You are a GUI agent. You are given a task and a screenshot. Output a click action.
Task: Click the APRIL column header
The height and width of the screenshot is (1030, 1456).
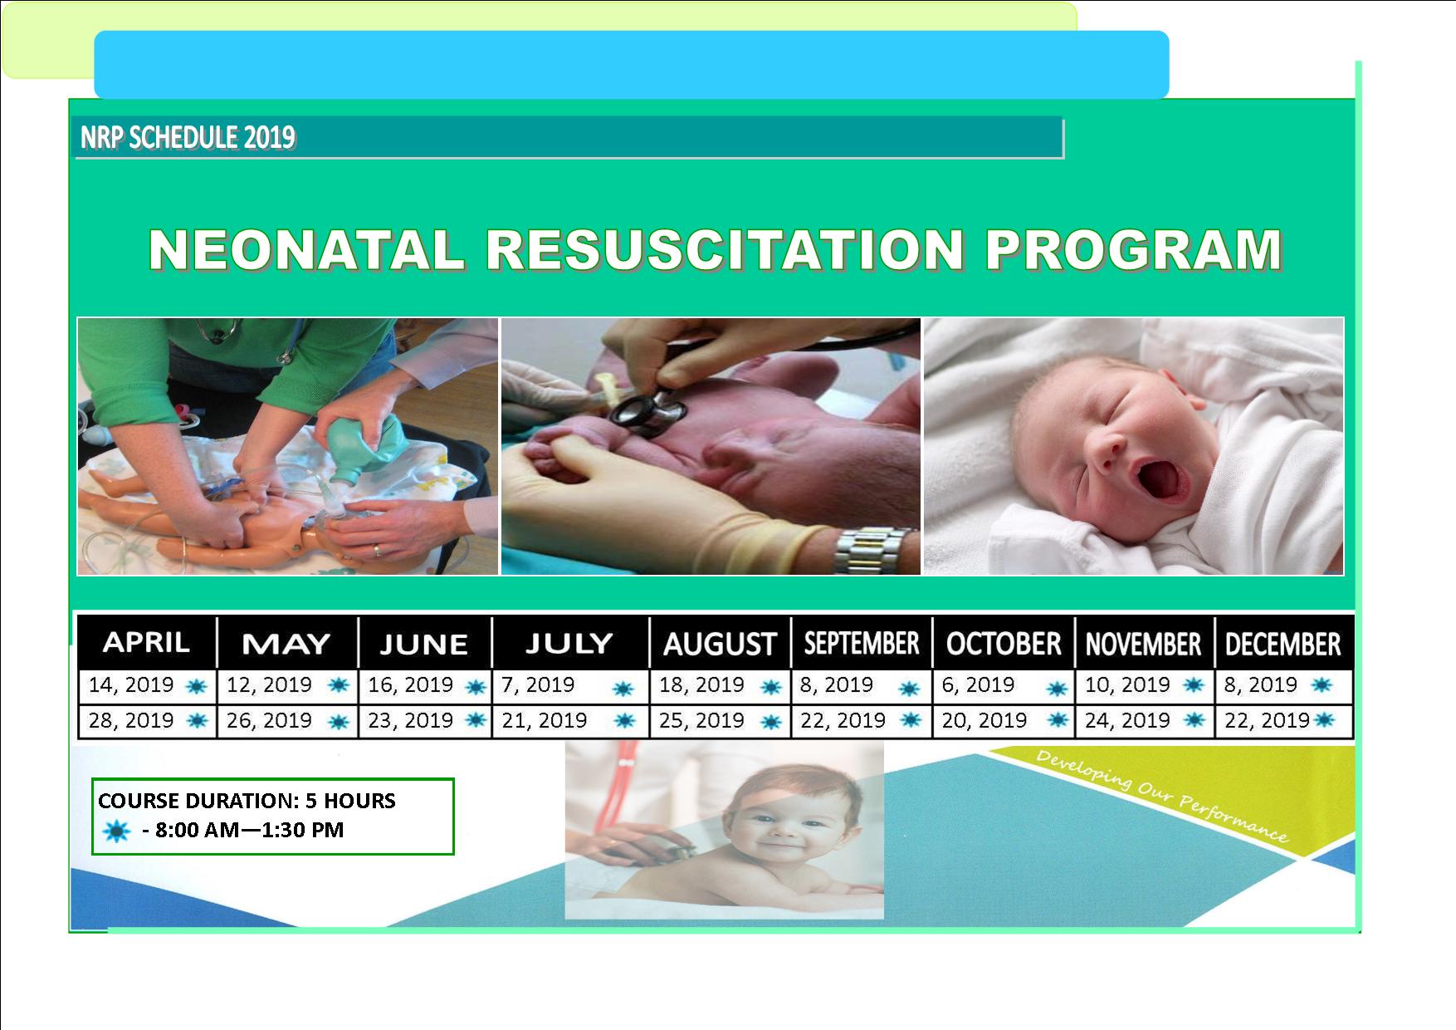coord(146,642)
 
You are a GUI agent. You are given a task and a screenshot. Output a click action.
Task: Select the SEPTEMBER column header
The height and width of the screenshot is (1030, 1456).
coord(862,644)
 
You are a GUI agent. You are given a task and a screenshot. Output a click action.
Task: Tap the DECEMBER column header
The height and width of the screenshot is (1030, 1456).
coord(1283,645)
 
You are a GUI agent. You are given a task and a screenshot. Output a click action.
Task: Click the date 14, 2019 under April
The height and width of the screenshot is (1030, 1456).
coord(131,685)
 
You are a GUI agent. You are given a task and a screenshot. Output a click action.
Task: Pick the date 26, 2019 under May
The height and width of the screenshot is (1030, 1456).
coord(269,720)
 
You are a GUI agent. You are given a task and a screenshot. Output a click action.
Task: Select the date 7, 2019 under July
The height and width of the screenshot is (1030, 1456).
coord(538,685)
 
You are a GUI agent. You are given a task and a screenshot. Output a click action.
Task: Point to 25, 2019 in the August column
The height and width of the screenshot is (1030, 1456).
coord(701,720)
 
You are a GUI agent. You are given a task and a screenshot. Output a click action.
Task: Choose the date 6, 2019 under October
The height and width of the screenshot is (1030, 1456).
coord(978,685)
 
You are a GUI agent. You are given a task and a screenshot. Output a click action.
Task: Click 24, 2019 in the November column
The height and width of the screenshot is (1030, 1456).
coord(1127,720)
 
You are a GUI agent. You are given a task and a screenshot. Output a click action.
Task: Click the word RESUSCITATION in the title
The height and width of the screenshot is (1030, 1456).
coord(725,249)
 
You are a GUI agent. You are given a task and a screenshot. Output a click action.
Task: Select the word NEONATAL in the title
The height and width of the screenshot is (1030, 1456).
coord(306,249)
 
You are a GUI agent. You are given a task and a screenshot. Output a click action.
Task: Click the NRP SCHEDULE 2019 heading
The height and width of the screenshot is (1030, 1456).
coord(187,138)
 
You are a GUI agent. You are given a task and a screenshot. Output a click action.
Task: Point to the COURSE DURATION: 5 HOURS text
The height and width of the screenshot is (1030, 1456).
coord(247,801)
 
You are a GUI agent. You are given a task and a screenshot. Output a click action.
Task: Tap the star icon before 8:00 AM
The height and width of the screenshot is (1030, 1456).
coord(115,831)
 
